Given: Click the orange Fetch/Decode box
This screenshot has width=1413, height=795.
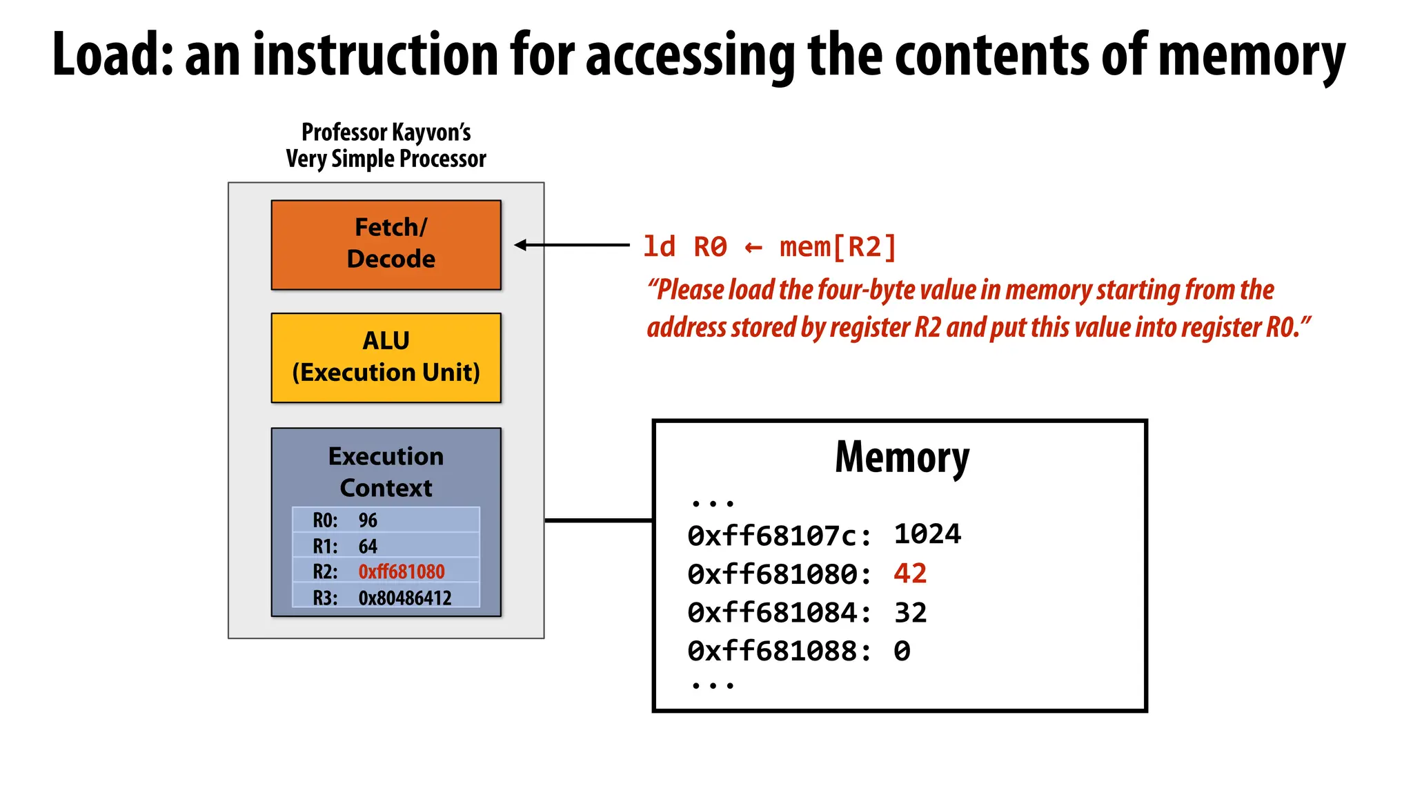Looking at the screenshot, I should pos(386,244).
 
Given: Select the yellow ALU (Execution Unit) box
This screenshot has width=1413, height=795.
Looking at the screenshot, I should pos(386,357).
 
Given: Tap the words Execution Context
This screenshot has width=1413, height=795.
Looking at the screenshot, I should pos(386,472).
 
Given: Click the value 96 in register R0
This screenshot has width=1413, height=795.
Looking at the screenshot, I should pos(368,520).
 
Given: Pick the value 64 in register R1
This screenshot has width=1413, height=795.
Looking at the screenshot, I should pos(368,547).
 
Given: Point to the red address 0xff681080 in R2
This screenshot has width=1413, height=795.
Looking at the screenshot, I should pos(402,572).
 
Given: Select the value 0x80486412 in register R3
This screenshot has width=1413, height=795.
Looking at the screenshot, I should pos(405,598).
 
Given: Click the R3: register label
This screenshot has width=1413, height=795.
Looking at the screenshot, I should pos(325,598).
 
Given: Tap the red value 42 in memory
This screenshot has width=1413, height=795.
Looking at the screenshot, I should pos(910,573).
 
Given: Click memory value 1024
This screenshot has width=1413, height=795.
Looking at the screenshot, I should pos(927,534).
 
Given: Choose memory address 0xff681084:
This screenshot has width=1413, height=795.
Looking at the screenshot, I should pos(780,613).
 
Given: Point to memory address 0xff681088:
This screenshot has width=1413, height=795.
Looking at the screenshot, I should pos(780,651).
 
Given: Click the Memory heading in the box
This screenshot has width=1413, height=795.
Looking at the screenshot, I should pos(902,457).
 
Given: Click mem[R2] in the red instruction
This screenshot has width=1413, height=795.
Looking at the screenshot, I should pos(838,247).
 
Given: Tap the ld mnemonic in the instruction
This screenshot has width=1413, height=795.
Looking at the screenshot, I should pos(659,247).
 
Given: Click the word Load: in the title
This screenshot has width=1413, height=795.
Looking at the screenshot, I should pos(113,55).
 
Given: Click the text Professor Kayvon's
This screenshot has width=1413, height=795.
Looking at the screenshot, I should pos(386,132).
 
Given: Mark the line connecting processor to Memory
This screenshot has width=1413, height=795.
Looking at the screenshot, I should pos(598,520).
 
